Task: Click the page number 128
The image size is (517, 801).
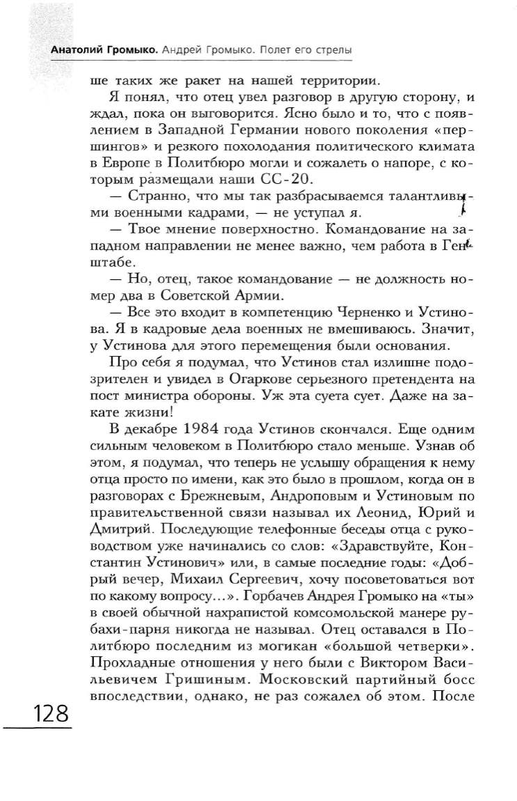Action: coord(48,714)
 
